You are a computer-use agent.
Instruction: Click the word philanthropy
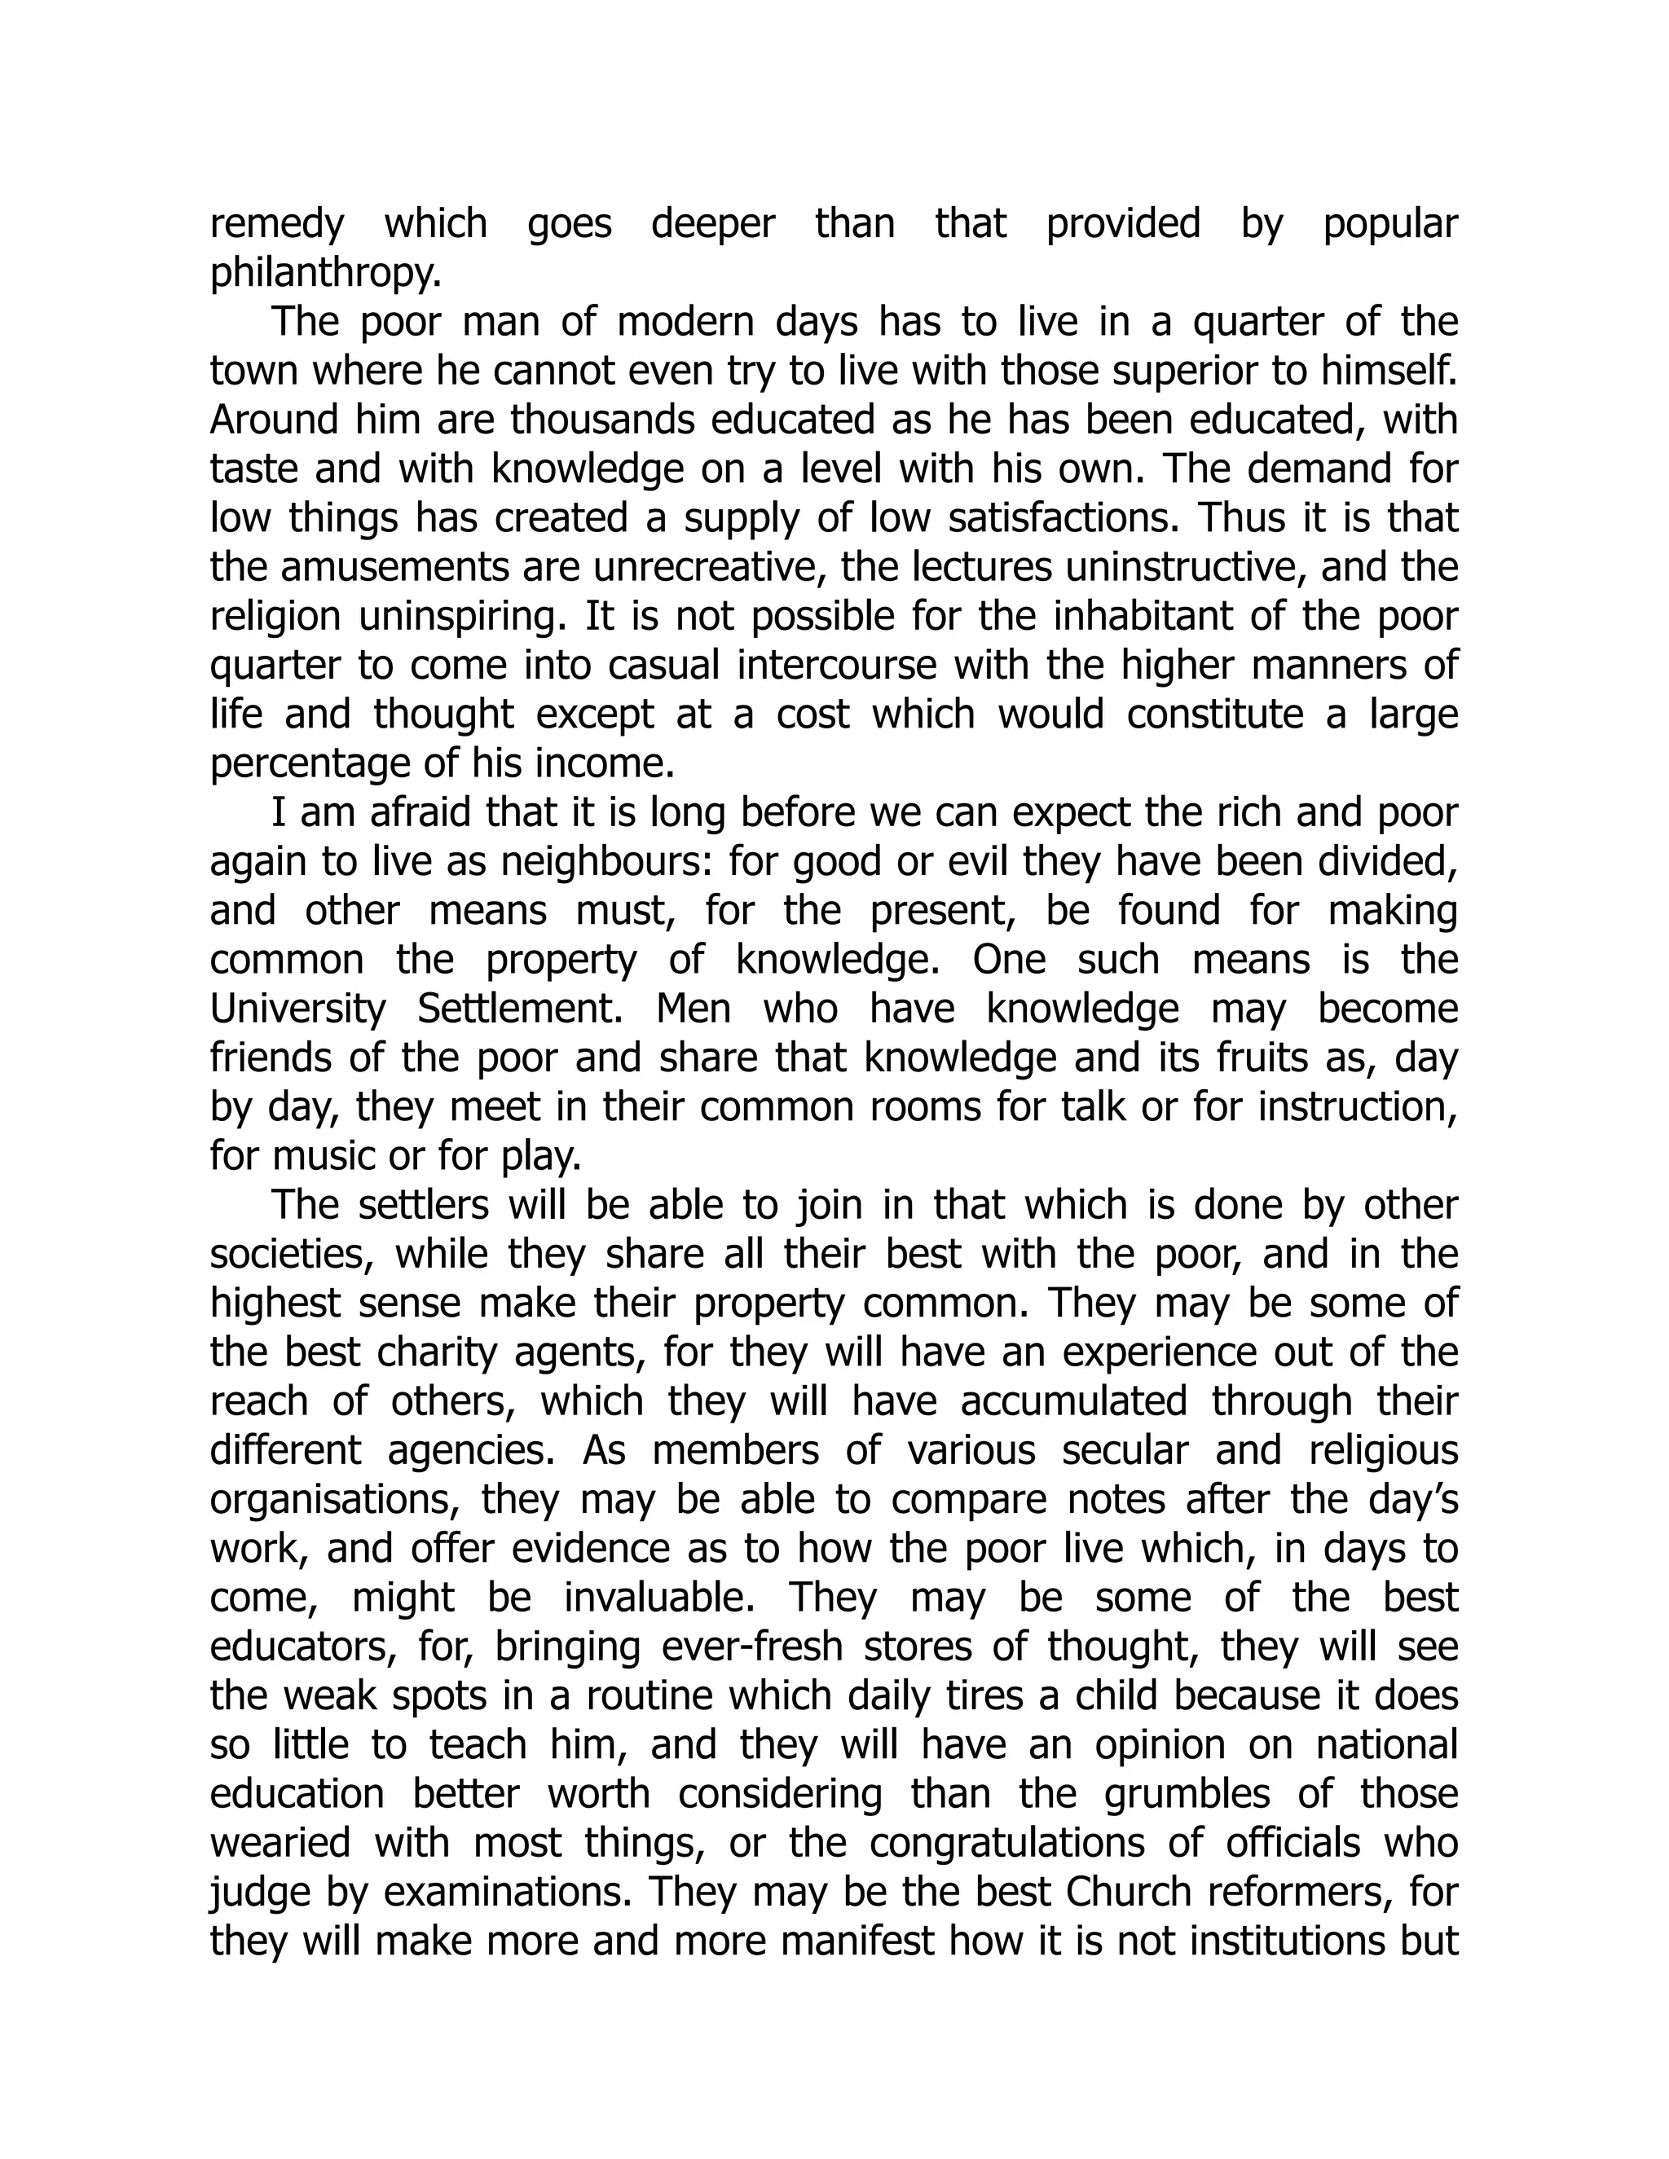click(x=325, y=274)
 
